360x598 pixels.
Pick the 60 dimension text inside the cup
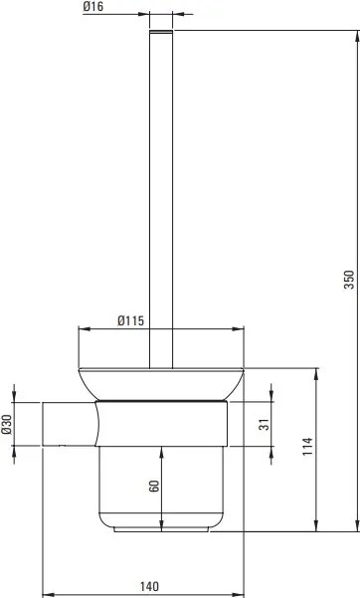pyautogui.click(x=154, y=490)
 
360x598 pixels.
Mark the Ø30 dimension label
pyautogui.click(x=8, y=424)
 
